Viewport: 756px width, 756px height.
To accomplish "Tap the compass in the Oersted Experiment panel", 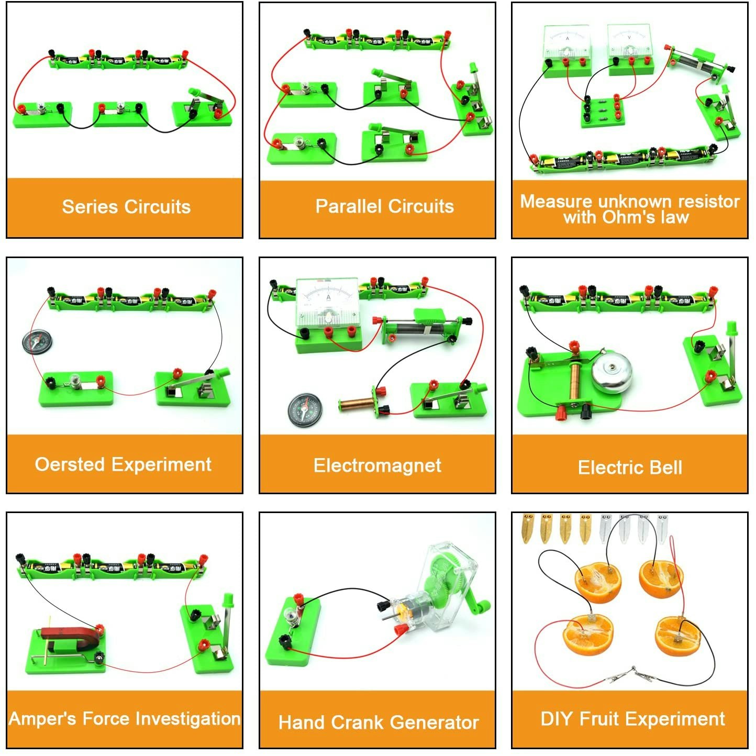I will [x=37, y=341].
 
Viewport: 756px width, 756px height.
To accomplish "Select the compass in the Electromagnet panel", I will [x=305, y=410].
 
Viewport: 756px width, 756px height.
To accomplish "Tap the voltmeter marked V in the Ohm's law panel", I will [x=629, y=41].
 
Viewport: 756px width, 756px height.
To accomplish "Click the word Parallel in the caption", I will [x=348, y=207].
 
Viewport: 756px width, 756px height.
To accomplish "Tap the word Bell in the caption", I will [x=665, y=467].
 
